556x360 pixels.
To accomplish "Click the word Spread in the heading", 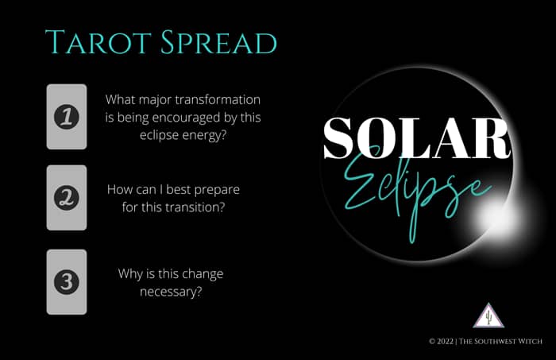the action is (x=218, y=42).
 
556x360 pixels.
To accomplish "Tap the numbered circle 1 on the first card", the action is (x=67, y=117).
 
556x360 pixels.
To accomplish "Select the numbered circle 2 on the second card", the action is (x=67, y=198).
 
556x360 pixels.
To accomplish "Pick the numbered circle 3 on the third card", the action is (x=67, y=281).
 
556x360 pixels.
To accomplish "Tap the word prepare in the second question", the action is (x=218, y=190).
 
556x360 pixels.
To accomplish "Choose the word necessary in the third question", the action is (x=171, y=292).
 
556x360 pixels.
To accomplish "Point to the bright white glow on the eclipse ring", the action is (x=496, y=217).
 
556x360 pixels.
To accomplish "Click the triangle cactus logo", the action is (x=488, y=315).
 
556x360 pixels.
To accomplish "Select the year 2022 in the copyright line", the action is (x=445, y=341).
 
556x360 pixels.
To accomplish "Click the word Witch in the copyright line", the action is (x=529, y=341).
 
